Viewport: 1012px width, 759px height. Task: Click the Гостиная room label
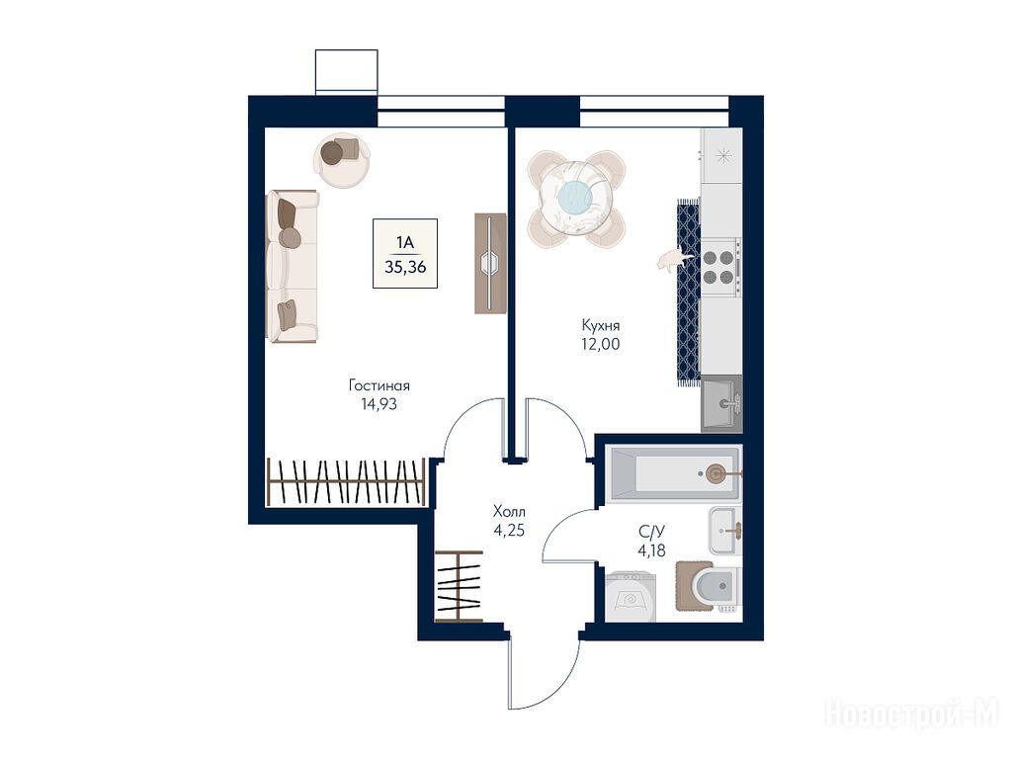379,386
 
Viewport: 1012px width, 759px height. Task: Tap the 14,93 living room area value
379,404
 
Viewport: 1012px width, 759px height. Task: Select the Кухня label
600,325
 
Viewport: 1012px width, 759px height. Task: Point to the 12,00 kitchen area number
600,344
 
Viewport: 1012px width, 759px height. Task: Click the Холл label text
509,512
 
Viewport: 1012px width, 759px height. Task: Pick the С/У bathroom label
651,532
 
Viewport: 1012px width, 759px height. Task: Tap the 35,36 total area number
405,267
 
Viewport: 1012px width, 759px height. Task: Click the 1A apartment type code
405,243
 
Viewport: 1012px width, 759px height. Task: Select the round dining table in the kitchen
576,197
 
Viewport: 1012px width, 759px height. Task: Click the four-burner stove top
720,267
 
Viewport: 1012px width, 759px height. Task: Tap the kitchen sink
721,404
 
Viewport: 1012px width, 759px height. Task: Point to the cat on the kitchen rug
673,259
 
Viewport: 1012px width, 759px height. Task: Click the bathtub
673,474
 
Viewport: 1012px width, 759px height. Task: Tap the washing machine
631,597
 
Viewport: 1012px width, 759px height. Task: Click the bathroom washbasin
724,531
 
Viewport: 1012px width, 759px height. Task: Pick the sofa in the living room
293,266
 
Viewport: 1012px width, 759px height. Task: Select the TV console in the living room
490,263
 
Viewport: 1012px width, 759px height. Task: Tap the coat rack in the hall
459,586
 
